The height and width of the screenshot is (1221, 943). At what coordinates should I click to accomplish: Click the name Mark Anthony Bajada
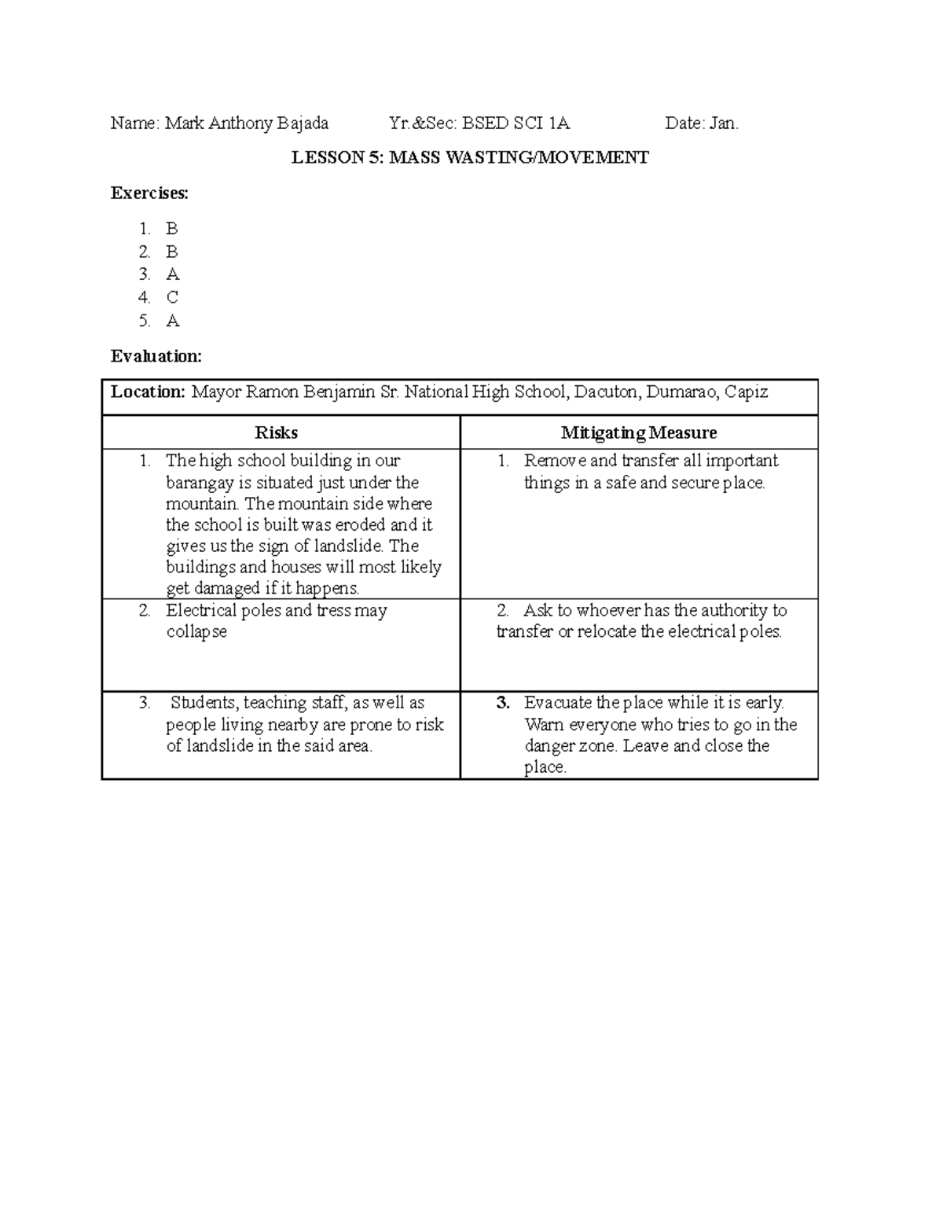tap(246, 123)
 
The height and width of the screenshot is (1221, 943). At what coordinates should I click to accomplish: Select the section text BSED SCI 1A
tap(516, 123)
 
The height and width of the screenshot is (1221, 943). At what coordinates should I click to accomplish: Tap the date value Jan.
tap(724, 123)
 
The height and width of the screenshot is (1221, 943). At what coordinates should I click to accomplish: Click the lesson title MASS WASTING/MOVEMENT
tap(519, 158)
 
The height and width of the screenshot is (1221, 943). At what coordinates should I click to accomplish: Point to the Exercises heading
tap(149, 193)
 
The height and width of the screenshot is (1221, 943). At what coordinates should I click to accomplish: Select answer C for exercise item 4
tap(172, 298)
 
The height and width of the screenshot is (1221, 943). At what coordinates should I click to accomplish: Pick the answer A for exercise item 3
tap(172, 274)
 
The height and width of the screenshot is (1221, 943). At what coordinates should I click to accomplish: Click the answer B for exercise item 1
tap(171, 229)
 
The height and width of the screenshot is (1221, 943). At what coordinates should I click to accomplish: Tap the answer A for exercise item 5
tap(172, 321)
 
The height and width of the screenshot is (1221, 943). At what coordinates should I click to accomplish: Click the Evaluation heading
tap(156, 356)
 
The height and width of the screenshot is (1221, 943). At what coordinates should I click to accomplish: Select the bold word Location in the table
tap(148, 392)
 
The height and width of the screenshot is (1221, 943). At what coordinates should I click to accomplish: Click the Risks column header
tap(276, 432)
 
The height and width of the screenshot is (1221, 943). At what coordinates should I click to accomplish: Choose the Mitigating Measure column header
tap(638, 432)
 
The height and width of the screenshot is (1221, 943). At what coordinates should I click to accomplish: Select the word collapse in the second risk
tap(196, 632)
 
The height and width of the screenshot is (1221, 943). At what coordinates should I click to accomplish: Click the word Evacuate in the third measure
tap(558, 703)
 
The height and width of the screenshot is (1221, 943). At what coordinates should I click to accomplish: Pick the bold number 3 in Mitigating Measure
tap(503, 703)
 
